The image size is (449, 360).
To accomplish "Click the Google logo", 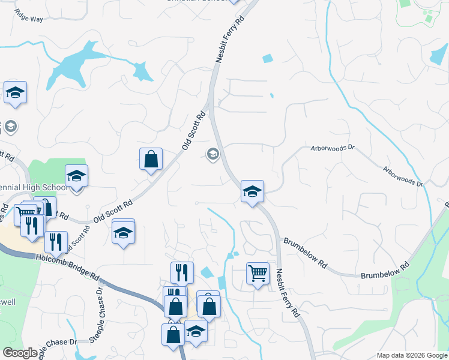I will point(20,353).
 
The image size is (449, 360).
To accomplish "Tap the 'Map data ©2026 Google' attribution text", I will point(411,355).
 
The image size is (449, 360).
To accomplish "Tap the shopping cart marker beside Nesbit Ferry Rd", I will point(258,274).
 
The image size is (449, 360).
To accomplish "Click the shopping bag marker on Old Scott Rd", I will point(151,160).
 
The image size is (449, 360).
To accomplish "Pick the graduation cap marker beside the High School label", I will point(76,176).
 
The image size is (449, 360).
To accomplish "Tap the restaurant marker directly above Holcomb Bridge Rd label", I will point(56,242).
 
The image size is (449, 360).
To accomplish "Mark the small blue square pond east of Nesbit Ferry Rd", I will point(267,58).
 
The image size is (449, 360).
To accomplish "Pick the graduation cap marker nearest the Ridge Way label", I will point(16,93).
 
